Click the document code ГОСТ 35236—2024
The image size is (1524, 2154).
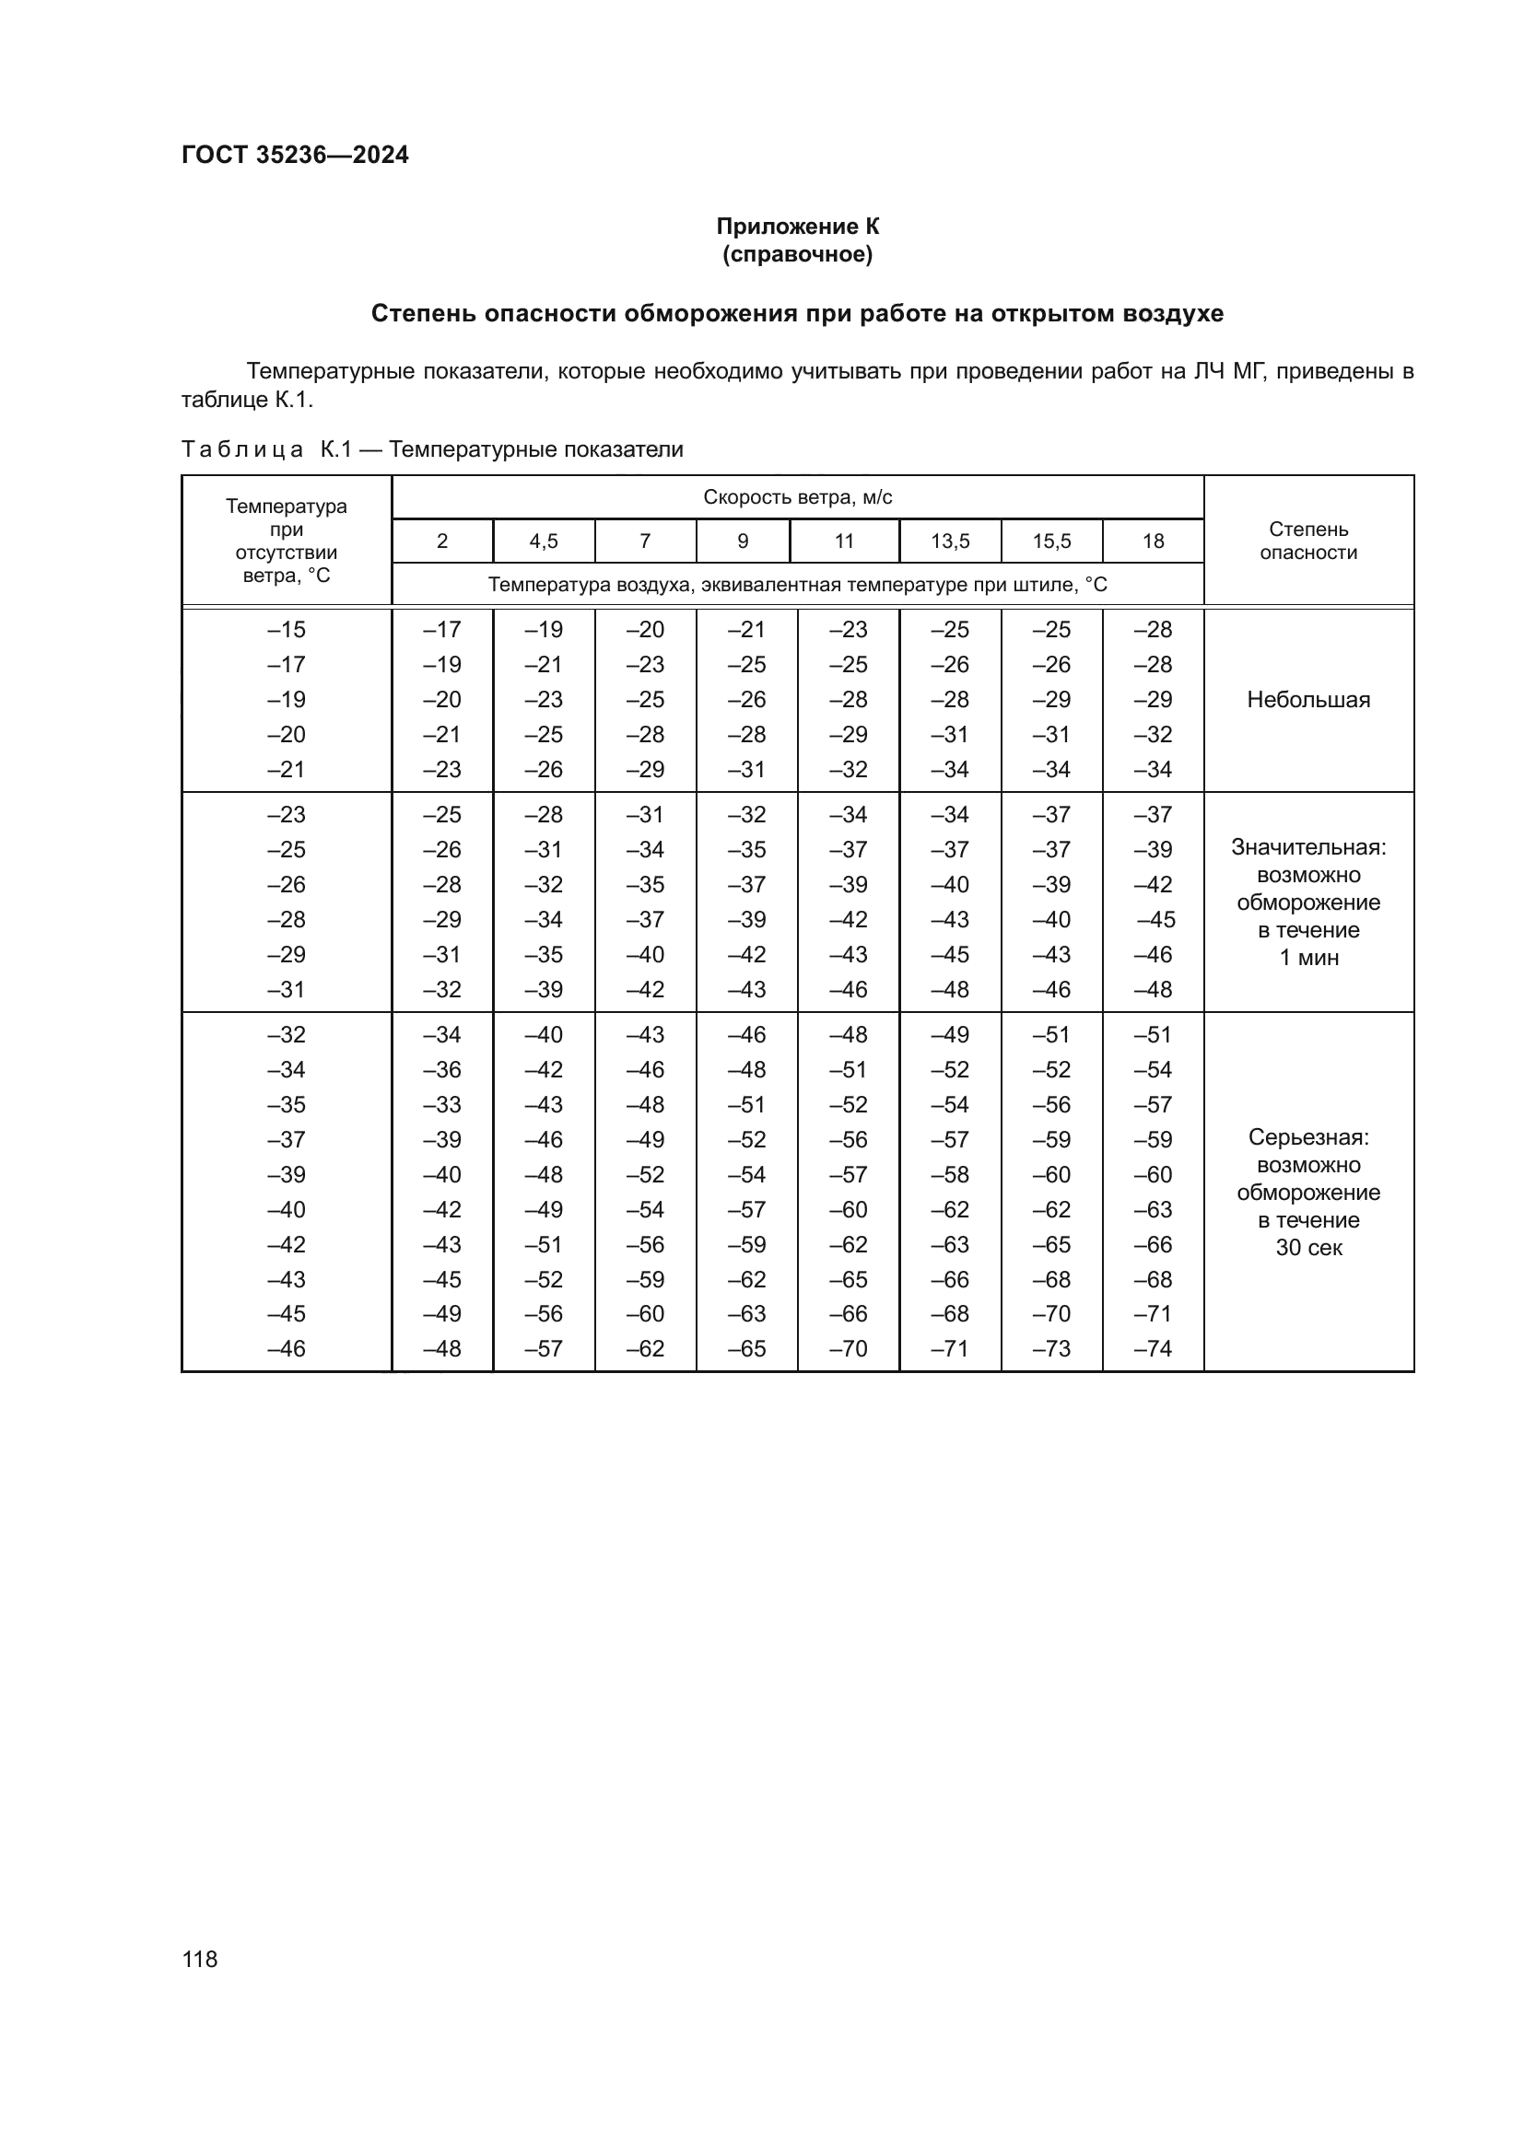click(295, 155)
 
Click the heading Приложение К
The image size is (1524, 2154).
click(798, 227)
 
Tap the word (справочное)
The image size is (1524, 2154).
click(798, 254)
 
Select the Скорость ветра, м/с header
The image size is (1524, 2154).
click(798, 497)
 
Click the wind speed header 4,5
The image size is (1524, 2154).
click(544, 541)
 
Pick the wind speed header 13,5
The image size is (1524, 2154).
click(950, 541)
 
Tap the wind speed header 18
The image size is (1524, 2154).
click(1153, 541)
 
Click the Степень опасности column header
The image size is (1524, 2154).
click(1308, 541)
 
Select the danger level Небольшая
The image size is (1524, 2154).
click(1308, 700)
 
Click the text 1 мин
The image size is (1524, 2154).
click(1308, 958)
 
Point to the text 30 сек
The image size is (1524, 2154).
click(1308, 1248)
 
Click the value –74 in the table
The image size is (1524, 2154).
click(1153, 1348)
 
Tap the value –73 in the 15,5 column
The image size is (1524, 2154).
click(1051, 1348)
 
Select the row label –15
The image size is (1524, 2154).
click(287, 630)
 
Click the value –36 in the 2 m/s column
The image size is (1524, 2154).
click(442, 1069)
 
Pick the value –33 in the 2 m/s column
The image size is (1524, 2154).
click(442, 1104)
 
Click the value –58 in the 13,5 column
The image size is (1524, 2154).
click(950, 1174)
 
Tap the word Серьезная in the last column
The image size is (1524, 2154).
click(1308, 1137)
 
